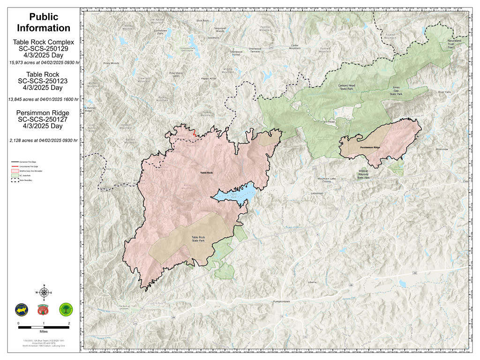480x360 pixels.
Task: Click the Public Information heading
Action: tap(44, 22)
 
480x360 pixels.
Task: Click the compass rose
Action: tap(44, 292)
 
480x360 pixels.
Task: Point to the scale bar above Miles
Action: tap(44, 326)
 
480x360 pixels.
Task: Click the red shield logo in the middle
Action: tap(44, 309)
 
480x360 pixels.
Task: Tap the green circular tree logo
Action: tap(66, 309)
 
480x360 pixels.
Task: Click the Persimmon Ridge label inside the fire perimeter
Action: tap(370, 147)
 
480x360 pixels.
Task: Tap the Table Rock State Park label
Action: tap(198, 239)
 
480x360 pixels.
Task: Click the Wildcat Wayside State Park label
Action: tap(364, 174)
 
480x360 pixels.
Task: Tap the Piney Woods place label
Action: tap(112, 63)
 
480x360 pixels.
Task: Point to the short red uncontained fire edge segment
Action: tap(194, 134)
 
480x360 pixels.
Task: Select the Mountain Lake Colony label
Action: tap(327, 180)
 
